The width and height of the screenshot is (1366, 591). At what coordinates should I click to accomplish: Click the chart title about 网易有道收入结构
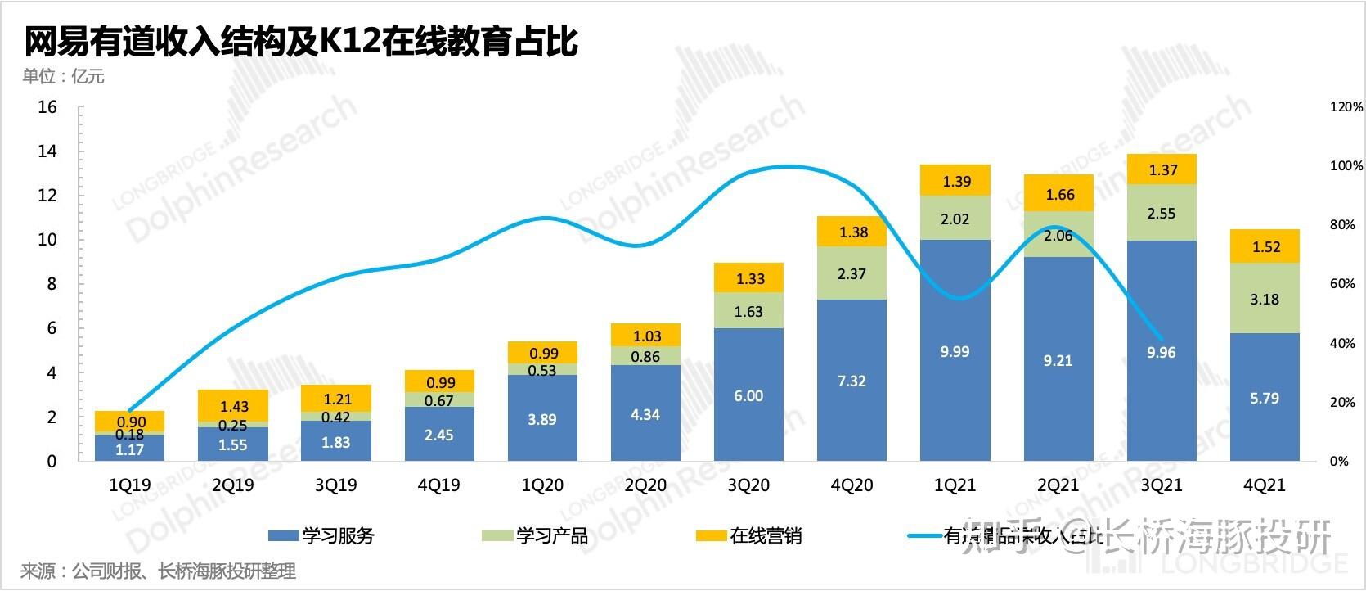tap(301, 41)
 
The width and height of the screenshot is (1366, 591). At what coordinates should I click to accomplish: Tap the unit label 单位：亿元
tap(64, 77)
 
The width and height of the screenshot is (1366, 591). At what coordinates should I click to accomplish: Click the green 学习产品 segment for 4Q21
tap(1265, 299)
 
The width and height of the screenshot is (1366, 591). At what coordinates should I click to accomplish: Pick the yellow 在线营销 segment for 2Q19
tap(233, 406)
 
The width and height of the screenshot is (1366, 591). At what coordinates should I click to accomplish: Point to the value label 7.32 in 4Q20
tap(852, 381)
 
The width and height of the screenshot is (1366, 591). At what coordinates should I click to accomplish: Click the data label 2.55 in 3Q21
tap(1162, 214)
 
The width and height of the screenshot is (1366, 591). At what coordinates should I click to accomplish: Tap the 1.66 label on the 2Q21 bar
tap(1059, 195)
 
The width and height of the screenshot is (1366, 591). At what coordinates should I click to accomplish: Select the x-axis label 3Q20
tap(748, 485)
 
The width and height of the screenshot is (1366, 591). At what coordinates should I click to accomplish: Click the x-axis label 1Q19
tap(129, 485)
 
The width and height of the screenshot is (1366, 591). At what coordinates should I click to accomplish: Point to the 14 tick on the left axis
tap(47, 151)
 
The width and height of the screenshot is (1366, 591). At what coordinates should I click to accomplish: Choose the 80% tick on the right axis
tap(1346, 225)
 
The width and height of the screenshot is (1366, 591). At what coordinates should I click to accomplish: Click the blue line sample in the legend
tap(924, 536)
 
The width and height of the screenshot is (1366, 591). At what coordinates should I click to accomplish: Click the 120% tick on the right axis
tap(1346, 107)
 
